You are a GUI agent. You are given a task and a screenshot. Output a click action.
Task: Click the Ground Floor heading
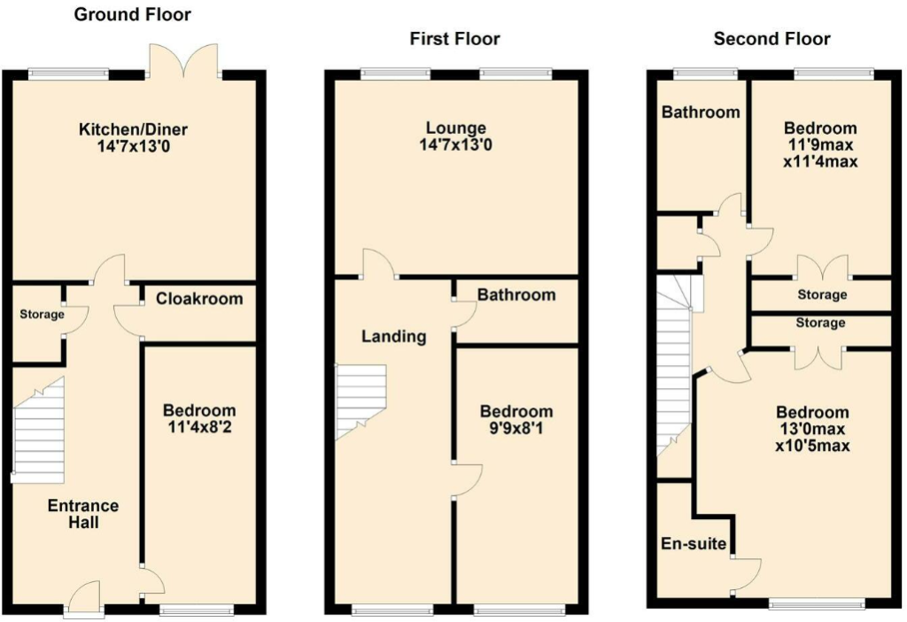132,14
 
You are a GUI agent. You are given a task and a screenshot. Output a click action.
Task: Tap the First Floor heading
454,38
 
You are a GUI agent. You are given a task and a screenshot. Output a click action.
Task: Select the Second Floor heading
771,38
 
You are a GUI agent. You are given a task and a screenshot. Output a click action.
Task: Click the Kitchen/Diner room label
133,129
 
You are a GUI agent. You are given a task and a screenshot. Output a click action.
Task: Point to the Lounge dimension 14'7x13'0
454,145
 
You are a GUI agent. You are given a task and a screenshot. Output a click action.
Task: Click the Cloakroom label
199,299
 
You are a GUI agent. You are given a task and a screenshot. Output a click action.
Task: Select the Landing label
394,337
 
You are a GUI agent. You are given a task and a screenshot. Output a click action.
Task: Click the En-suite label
694,543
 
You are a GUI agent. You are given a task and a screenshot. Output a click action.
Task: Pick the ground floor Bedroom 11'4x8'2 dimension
199,427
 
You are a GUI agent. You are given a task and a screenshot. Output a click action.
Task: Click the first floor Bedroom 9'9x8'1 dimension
516,428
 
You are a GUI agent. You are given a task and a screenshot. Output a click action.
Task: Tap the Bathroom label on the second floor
701,113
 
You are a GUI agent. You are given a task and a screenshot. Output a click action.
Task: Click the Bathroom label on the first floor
516,294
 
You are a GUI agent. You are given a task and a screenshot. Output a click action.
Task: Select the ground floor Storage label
43,315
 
